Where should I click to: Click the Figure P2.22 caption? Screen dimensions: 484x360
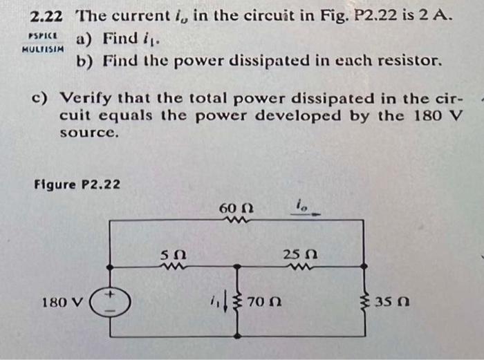point(77,185)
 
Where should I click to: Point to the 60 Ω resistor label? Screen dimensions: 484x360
point(232,208)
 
